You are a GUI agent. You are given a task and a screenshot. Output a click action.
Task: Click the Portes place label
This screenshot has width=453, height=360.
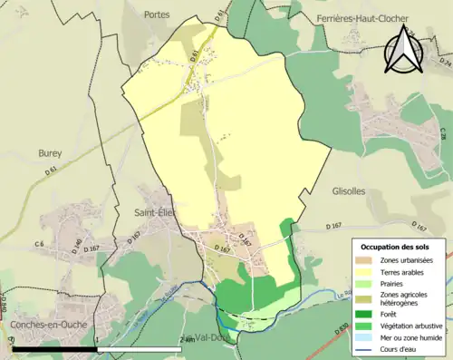(x=156, y=15)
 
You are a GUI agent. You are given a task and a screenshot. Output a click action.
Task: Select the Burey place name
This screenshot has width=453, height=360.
(x=50, y=154)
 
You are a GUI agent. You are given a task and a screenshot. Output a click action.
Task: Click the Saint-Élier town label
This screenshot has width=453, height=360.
(x=154, y=212)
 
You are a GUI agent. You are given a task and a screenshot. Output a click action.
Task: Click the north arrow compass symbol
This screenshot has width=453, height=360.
(x=402, y=50)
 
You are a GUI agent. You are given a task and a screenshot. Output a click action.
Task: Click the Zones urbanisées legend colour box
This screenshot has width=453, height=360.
(x=368, y=260)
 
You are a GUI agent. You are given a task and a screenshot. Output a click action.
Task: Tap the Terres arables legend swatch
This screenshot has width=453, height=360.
(x=368, y=270)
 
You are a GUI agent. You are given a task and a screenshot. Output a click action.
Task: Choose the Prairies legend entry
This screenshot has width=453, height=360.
(x=368, y=281)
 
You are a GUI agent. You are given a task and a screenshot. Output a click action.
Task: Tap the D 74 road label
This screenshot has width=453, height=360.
(x=444, y=63)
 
